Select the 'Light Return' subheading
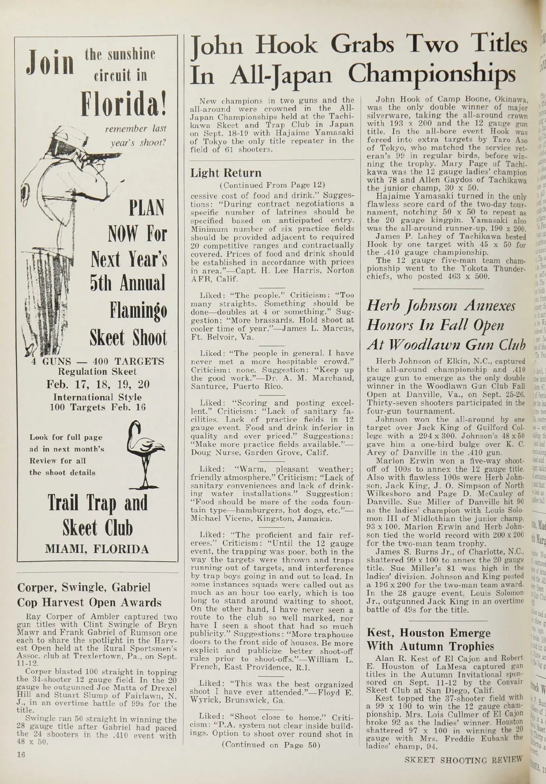tap(226, 173)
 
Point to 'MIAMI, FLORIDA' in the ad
tap(96, 549)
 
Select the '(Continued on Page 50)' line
tap(271, 745)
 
